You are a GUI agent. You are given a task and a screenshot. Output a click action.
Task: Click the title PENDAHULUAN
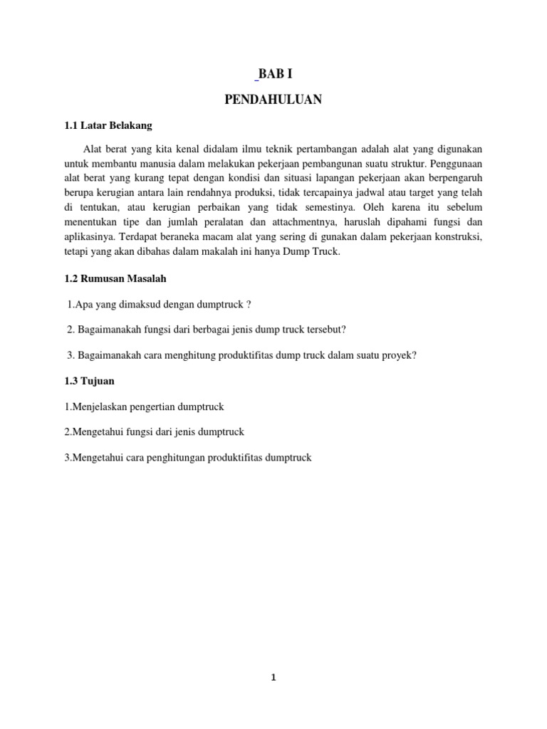(x=273, y=100)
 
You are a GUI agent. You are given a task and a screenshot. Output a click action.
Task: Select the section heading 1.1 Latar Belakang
(x=108, y=126)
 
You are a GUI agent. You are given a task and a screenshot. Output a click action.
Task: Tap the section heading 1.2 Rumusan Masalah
(x=115, y=279)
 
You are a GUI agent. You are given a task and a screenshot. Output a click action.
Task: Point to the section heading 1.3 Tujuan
(x=89, y=381)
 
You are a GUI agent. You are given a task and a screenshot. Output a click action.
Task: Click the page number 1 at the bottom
(x=273, y=678)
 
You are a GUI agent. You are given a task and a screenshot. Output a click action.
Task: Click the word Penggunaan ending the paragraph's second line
(x=454, y=163)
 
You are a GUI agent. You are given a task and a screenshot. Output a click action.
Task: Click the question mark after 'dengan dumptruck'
(x=248, y=305)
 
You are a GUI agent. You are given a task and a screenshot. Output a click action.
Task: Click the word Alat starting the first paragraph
(x=93, y=148)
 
